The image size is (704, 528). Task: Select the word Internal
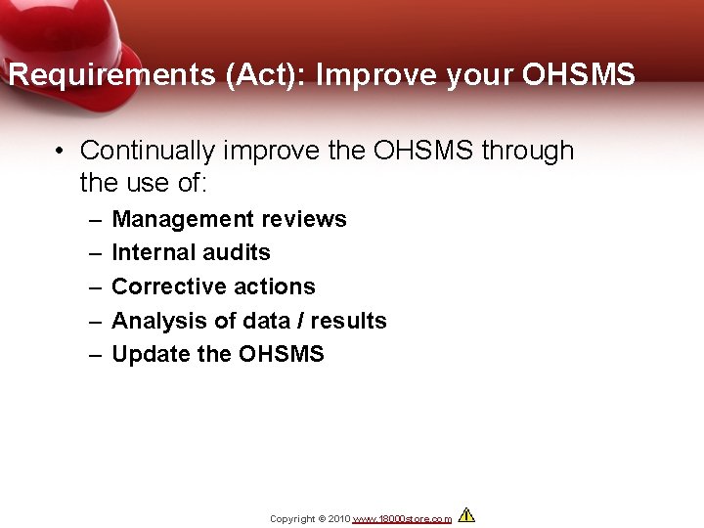click(149, 252)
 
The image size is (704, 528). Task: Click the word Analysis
click(154, 321)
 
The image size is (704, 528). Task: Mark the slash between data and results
click(302, 321)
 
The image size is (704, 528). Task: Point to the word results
click(350, 321)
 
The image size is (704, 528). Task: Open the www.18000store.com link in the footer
click(402, 518)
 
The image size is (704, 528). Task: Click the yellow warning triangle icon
click(466, 515)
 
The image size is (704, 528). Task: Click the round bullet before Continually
click(61, 152)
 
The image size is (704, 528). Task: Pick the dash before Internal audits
click(95, 252)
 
